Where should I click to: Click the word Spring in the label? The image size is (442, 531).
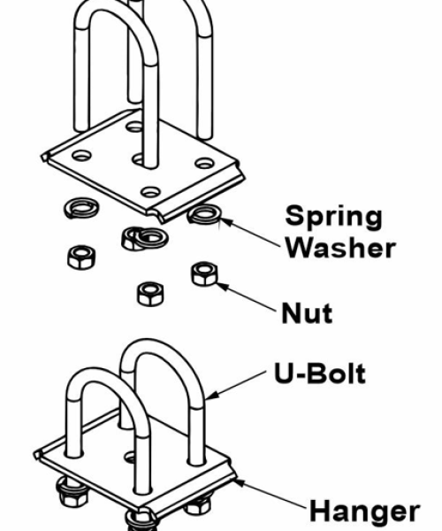point(334,218)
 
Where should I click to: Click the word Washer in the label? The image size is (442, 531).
point(340,248)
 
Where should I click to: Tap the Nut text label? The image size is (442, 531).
point(307,313)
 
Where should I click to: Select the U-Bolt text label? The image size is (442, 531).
point(320,373)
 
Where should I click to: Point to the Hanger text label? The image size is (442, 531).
point(364,511)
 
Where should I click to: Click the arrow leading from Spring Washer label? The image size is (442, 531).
point(249,233)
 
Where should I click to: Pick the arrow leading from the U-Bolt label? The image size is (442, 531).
point(236,385)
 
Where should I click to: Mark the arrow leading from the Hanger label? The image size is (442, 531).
point(271,494)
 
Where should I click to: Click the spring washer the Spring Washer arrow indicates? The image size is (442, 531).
point(204,214)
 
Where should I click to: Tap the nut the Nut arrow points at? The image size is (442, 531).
point(204,273)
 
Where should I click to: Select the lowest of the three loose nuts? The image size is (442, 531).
point(150,294)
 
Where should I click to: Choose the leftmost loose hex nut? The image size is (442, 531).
point(81,258)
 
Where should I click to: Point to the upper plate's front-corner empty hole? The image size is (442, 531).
point(150,192)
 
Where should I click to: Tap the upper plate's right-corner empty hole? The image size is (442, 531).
point(204,163)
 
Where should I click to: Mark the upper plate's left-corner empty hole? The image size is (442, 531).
point(82,156)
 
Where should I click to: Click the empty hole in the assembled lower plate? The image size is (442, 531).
point(130,458)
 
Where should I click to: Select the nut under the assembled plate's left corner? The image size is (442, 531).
point(71,492)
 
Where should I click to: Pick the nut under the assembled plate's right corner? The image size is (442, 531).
point(198,505)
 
